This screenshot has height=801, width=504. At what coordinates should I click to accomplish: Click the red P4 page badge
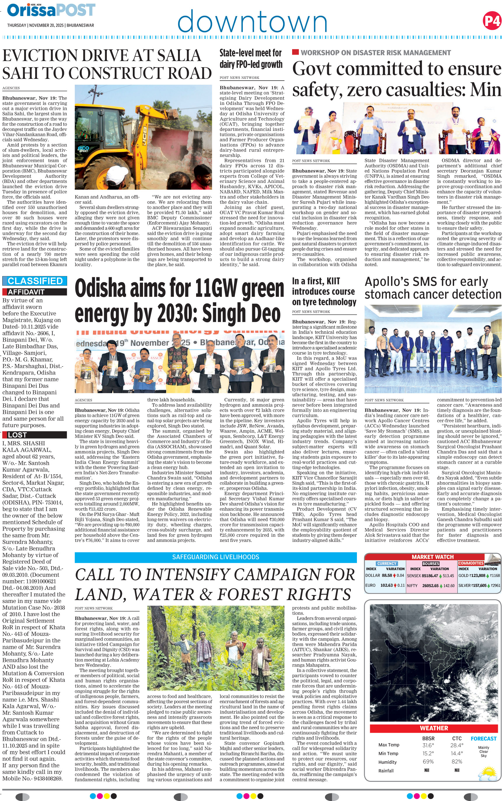click(492, 21)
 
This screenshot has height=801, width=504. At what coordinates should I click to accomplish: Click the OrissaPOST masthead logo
click(51, 10)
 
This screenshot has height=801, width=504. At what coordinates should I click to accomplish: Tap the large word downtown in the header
click(252, 21)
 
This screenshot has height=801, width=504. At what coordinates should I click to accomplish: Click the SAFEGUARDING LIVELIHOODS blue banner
click(215, 557)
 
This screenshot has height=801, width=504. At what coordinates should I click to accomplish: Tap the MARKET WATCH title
click(432, 557)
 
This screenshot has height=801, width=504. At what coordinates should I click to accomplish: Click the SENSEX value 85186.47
click(429, 575)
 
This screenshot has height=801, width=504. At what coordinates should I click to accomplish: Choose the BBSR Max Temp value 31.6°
click(428, 745)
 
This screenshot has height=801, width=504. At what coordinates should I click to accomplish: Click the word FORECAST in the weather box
click(483, 738)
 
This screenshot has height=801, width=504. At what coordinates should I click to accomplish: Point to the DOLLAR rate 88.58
click(387, 575)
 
